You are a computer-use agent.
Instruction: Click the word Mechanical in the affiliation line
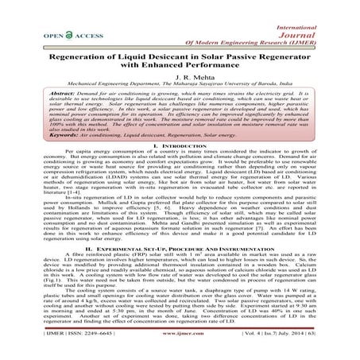[x=71, y=83]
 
